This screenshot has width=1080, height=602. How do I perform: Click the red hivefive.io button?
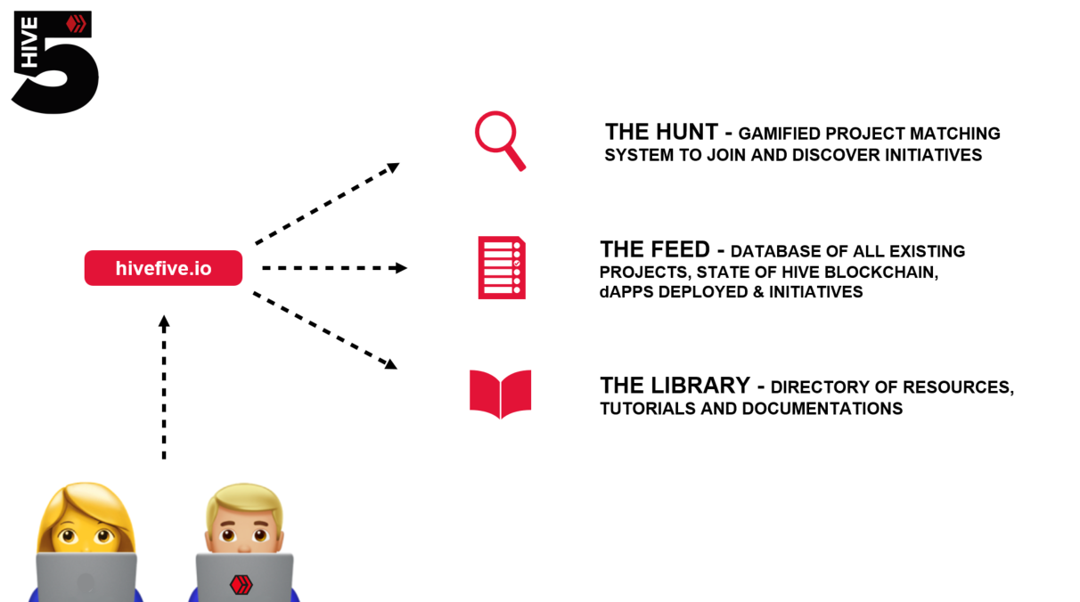pyautogui.click(x=163, y=268)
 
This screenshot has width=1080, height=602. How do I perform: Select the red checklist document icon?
pyautogui.click(x=501, y=268)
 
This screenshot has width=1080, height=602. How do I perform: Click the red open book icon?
pyautogui.click(x=500, y=394)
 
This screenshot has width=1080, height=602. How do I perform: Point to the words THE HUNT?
pyautogui.click(x=661, y=133)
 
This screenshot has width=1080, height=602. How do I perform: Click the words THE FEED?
pyautogui.click(x=655, y=249)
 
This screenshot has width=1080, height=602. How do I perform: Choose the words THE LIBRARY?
pyautogui.click(x=675, y=386)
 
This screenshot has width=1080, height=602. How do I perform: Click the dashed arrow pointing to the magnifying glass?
pyautogui.click(x=326, y=204)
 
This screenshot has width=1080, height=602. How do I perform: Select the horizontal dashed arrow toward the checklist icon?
pyautogui.click(x=334, y=268)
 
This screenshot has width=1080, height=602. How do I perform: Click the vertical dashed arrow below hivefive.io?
pyautogui.click(x=164, y=386)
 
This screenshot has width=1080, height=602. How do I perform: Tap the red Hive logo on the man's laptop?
pyautogui.click(x=241, y=585)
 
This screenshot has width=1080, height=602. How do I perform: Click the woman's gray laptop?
pyautogui.click(x=86, y=579)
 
